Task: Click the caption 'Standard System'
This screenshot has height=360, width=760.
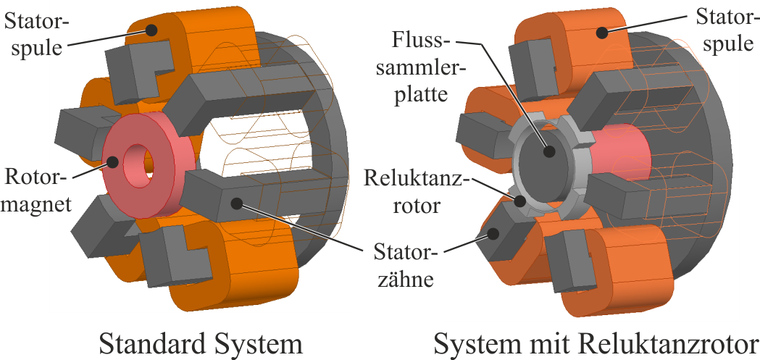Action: tap(200, 342)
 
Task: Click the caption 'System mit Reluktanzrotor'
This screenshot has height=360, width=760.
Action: tap(596, 342)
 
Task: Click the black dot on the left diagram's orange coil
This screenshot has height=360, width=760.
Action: tap(152, 30)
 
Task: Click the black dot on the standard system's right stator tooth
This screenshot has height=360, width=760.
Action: tap(235, 202)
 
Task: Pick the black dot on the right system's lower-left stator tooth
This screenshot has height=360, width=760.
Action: tap(493, 233)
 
